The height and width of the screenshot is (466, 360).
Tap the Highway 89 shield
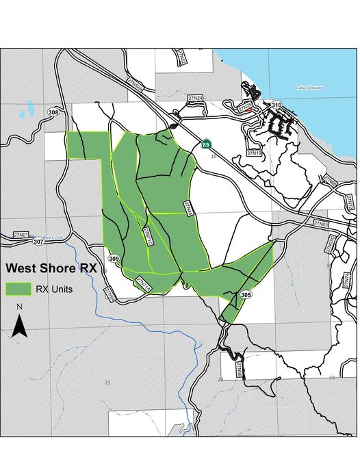click(206, 144)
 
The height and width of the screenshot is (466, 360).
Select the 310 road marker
click(277, 105)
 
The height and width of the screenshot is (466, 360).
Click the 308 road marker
click(54, 112)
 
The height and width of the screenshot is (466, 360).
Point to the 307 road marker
click(38, 242)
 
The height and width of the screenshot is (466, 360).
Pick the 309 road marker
click(114, 259)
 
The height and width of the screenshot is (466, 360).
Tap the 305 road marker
click(246, 294)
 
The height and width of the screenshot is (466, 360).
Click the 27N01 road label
click(21, 235)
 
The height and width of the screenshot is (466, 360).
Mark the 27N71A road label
click(143, 283)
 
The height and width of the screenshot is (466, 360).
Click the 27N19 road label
click(255, 153)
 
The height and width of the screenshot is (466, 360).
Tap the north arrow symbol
click(20, 323)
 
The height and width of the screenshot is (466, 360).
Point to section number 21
click(107, 381)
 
